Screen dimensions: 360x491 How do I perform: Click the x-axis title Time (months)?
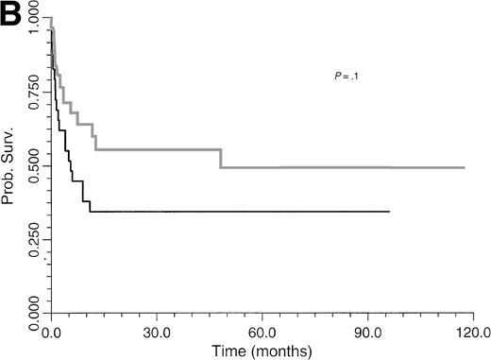[262, 349]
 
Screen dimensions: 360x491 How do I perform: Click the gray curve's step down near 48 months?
[221, 159]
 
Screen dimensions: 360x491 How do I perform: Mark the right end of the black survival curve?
[389, 212]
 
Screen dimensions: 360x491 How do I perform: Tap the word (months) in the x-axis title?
[278, 349]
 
